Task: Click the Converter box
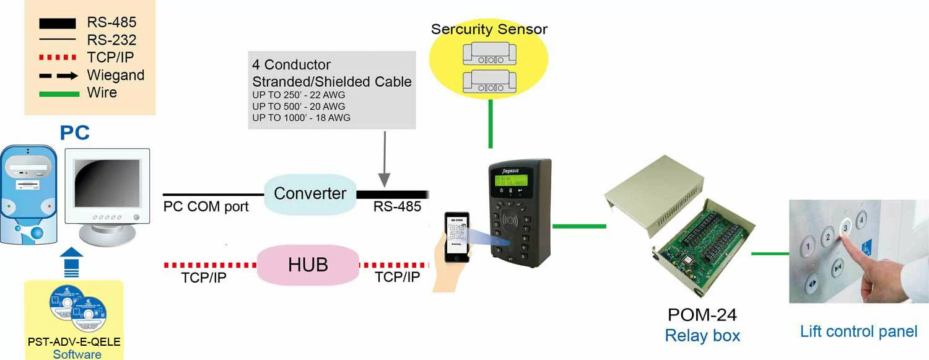point(310,193)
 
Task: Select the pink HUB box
point(308,265)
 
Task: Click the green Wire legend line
point(59,94)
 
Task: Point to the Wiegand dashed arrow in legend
point(59,76)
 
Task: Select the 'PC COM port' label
point(206,207)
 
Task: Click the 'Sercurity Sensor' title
point(489,29)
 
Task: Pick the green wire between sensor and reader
point(491,124)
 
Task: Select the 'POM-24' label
point(702,315)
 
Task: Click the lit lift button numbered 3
point(845,227)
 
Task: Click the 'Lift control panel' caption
point(858,331)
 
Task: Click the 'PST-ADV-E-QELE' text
point(74,341)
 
